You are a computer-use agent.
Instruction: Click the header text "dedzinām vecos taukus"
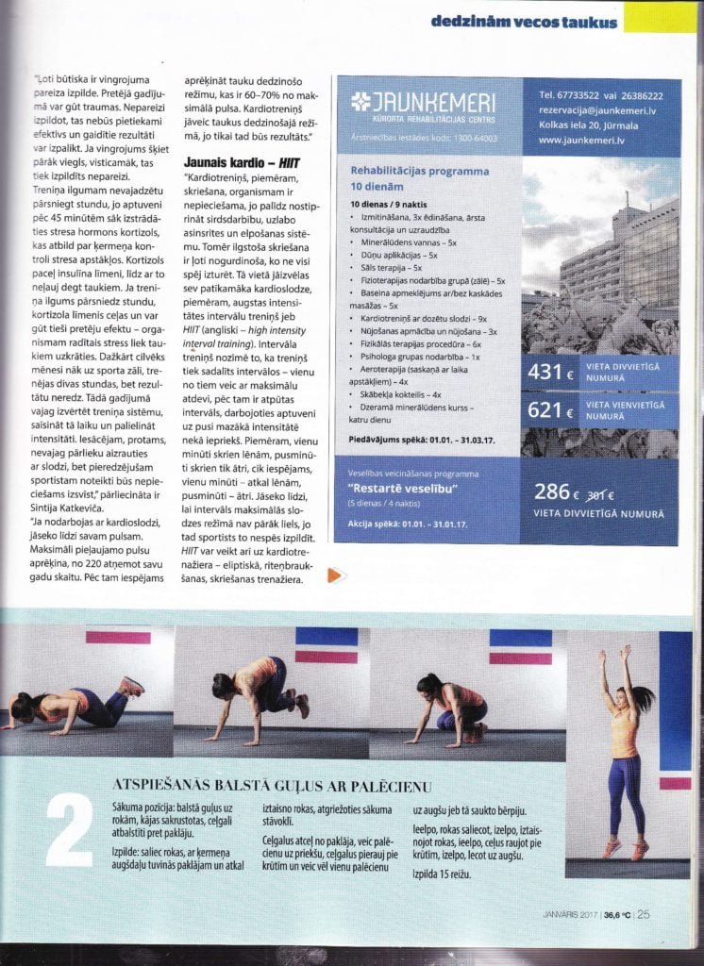tap(524, 21)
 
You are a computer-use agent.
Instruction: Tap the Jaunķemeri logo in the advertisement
tap(421, 105)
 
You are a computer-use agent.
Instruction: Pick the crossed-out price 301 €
tap(599, 493)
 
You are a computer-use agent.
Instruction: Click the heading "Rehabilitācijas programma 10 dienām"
tap(419, 178)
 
